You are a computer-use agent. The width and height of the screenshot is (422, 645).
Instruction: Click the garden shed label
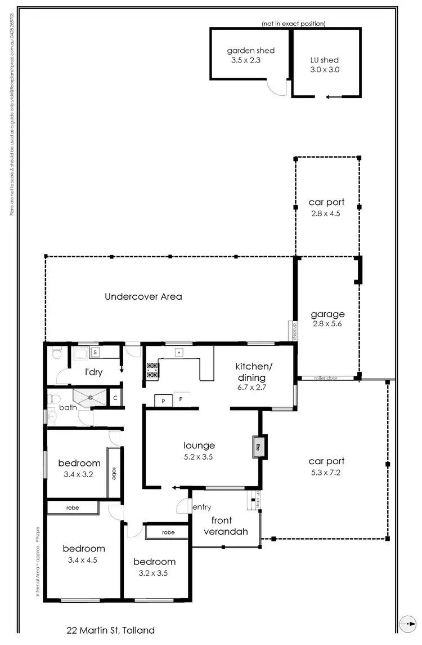pos(250,51)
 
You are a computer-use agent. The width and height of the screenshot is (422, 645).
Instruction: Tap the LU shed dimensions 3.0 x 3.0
pos(325,70)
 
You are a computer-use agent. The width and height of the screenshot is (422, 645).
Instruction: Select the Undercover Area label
pos(143,296)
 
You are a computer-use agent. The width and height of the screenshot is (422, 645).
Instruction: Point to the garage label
pos(327,314)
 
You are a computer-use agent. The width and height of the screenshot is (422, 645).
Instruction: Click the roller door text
pos(325,379)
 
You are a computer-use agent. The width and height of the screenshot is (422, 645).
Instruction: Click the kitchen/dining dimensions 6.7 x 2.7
pos(250,388)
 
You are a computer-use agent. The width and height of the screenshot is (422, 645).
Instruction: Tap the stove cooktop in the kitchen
pos(152,370)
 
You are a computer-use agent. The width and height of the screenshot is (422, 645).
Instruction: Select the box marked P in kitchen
pos(163,400)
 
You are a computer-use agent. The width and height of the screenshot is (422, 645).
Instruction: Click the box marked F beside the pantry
pos(181,400)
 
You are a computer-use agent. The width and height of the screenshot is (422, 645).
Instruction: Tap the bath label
pos(68,407)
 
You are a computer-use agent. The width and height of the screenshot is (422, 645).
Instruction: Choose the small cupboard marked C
pos(115,398)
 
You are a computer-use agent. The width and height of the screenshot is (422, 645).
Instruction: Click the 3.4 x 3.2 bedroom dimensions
pos(79,474)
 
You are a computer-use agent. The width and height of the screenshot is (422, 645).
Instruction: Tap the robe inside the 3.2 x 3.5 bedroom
pos(168,532)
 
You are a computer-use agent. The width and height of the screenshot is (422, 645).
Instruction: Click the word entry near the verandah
pos(202,508)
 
